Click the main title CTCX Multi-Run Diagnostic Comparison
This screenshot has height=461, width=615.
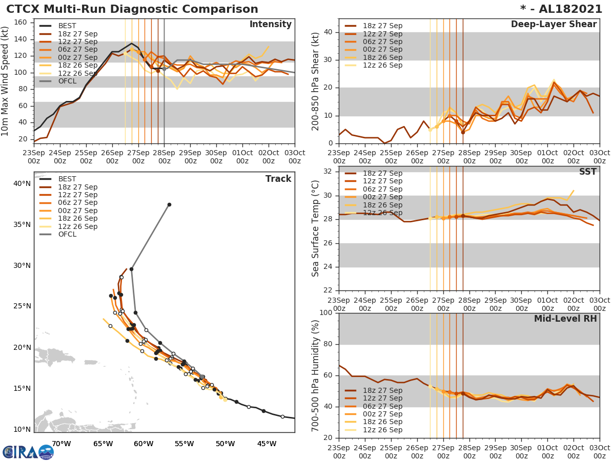coord(132,9)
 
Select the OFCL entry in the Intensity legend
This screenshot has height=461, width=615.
coord(67,81)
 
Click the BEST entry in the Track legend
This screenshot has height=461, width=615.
coord(67,179)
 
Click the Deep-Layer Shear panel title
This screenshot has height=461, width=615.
coord(553,25)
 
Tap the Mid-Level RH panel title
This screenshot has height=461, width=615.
coord(565,319)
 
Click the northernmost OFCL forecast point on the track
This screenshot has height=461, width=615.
coord(169,204)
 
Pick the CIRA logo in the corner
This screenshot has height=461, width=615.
coord(28,452)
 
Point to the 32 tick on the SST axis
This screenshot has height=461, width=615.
coord(328,171)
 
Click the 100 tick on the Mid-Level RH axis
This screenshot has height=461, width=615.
coord(326,313)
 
